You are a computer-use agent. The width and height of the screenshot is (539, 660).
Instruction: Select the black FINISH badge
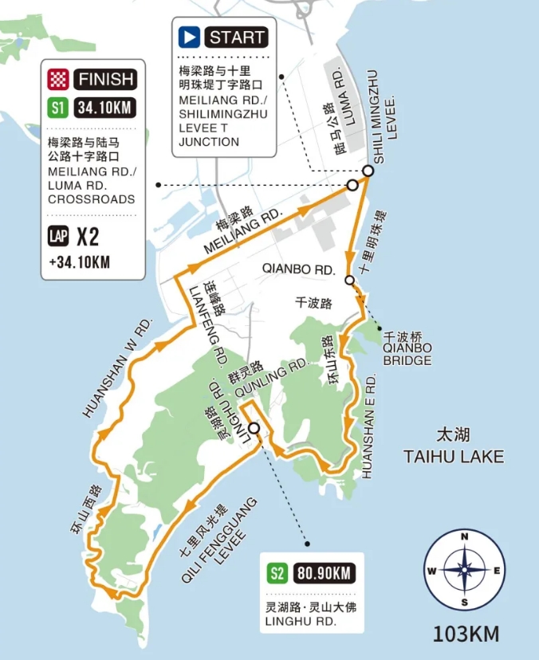tap(106, 79)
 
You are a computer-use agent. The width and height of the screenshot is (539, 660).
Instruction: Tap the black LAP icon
tap(58, 237)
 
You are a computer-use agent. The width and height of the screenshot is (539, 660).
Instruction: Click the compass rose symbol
tap(463, 570)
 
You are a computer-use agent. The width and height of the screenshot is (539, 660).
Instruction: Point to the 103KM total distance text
tap(466, 634)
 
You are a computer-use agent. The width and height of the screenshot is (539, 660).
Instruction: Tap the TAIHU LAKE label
tap(454, 456)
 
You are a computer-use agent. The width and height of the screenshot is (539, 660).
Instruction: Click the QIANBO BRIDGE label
tap(407, 354)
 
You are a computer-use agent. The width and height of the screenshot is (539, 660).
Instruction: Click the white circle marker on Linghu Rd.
tap(254, 429)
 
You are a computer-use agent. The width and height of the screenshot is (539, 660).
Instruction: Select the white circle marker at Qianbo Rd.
tap(349, 280)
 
